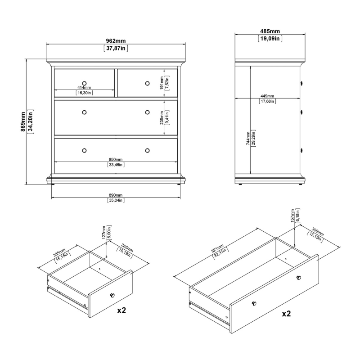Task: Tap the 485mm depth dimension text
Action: (270, 31)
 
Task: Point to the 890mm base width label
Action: (116, 195)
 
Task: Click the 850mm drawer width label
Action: (116, 159)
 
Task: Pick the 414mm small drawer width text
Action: (84, 87)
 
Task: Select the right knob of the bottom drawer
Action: (147, 150)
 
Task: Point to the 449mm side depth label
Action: (267, 96)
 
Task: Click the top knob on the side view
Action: (302, 83)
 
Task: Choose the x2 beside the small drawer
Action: (121, 310)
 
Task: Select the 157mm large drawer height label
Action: (292, 216)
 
